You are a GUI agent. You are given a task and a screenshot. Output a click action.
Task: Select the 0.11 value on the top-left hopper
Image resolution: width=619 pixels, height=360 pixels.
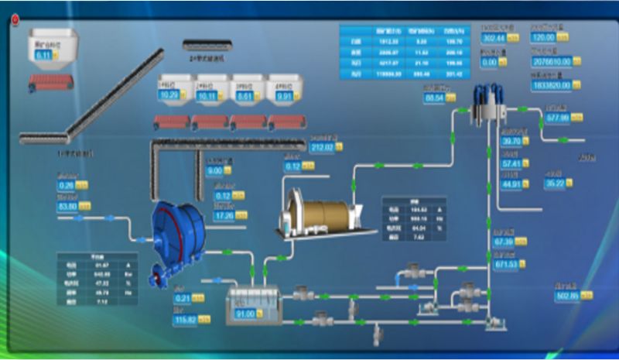click(43, 55)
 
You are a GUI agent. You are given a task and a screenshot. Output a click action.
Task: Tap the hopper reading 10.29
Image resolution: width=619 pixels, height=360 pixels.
click(169, 94)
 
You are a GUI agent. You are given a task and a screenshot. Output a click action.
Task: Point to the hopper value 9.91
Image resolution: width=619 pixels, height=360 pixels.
click(283, 97)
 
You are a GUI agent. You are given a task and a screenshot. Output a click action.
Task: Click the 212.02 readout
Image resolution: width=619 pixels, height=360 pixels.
click(321, 147)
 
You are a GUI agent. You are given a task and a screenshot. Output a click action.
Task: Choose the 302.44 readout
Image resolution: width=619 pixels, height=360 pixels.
click(493, 37)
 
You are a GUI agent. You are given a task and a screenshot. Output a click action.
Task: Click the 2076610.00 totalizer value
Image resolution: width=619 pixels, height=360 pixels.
click(552, 61)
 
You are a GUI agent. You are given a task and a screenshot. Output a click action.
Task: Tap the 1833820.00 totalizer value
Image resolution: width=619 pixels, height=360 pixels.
click(552, 85)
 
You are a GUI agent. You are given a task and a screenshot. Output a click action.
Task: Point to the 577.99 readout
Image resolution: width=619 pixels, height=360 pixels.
click(557, 117)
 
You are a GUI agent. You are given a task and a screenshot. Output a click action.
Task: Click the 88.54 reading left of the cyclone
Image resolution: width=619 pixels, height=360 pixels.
click(434, 98)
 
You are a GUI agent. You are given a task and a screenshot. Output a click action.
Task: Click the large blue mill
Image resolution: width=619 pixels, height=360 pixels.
click(176, 235)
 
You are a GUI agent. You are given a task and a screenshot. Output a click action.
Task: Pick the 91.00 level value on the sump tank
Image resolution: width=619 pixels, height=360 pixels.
click(245, 314)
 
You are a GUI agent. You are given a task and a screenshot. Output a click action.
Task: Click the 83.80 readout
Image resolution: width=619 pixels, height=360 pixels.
click(68, 207)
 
